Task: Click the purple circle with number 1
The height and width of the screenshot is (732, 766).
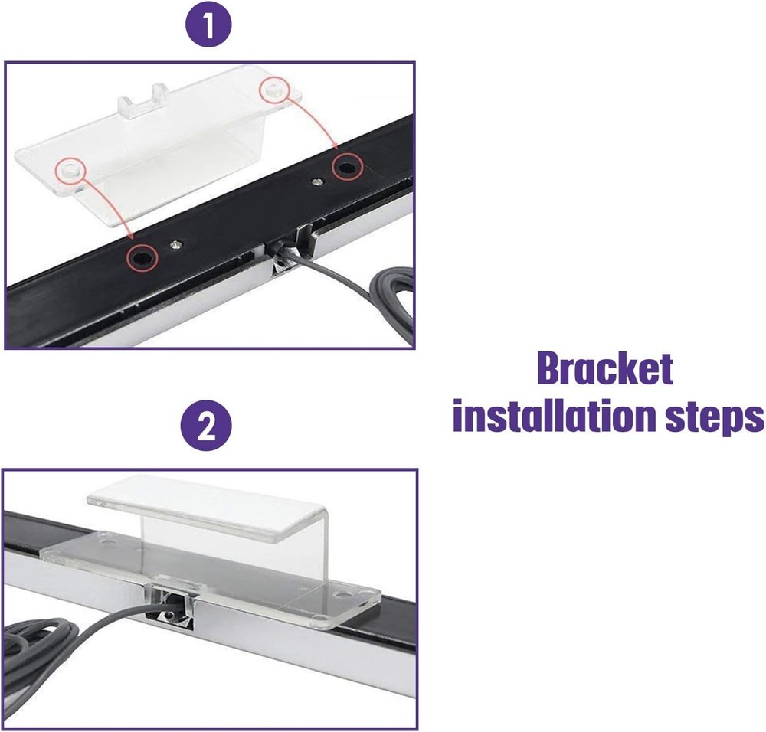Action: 208,28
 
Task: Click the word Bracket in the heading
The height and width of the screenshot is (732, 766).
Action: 604,370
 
